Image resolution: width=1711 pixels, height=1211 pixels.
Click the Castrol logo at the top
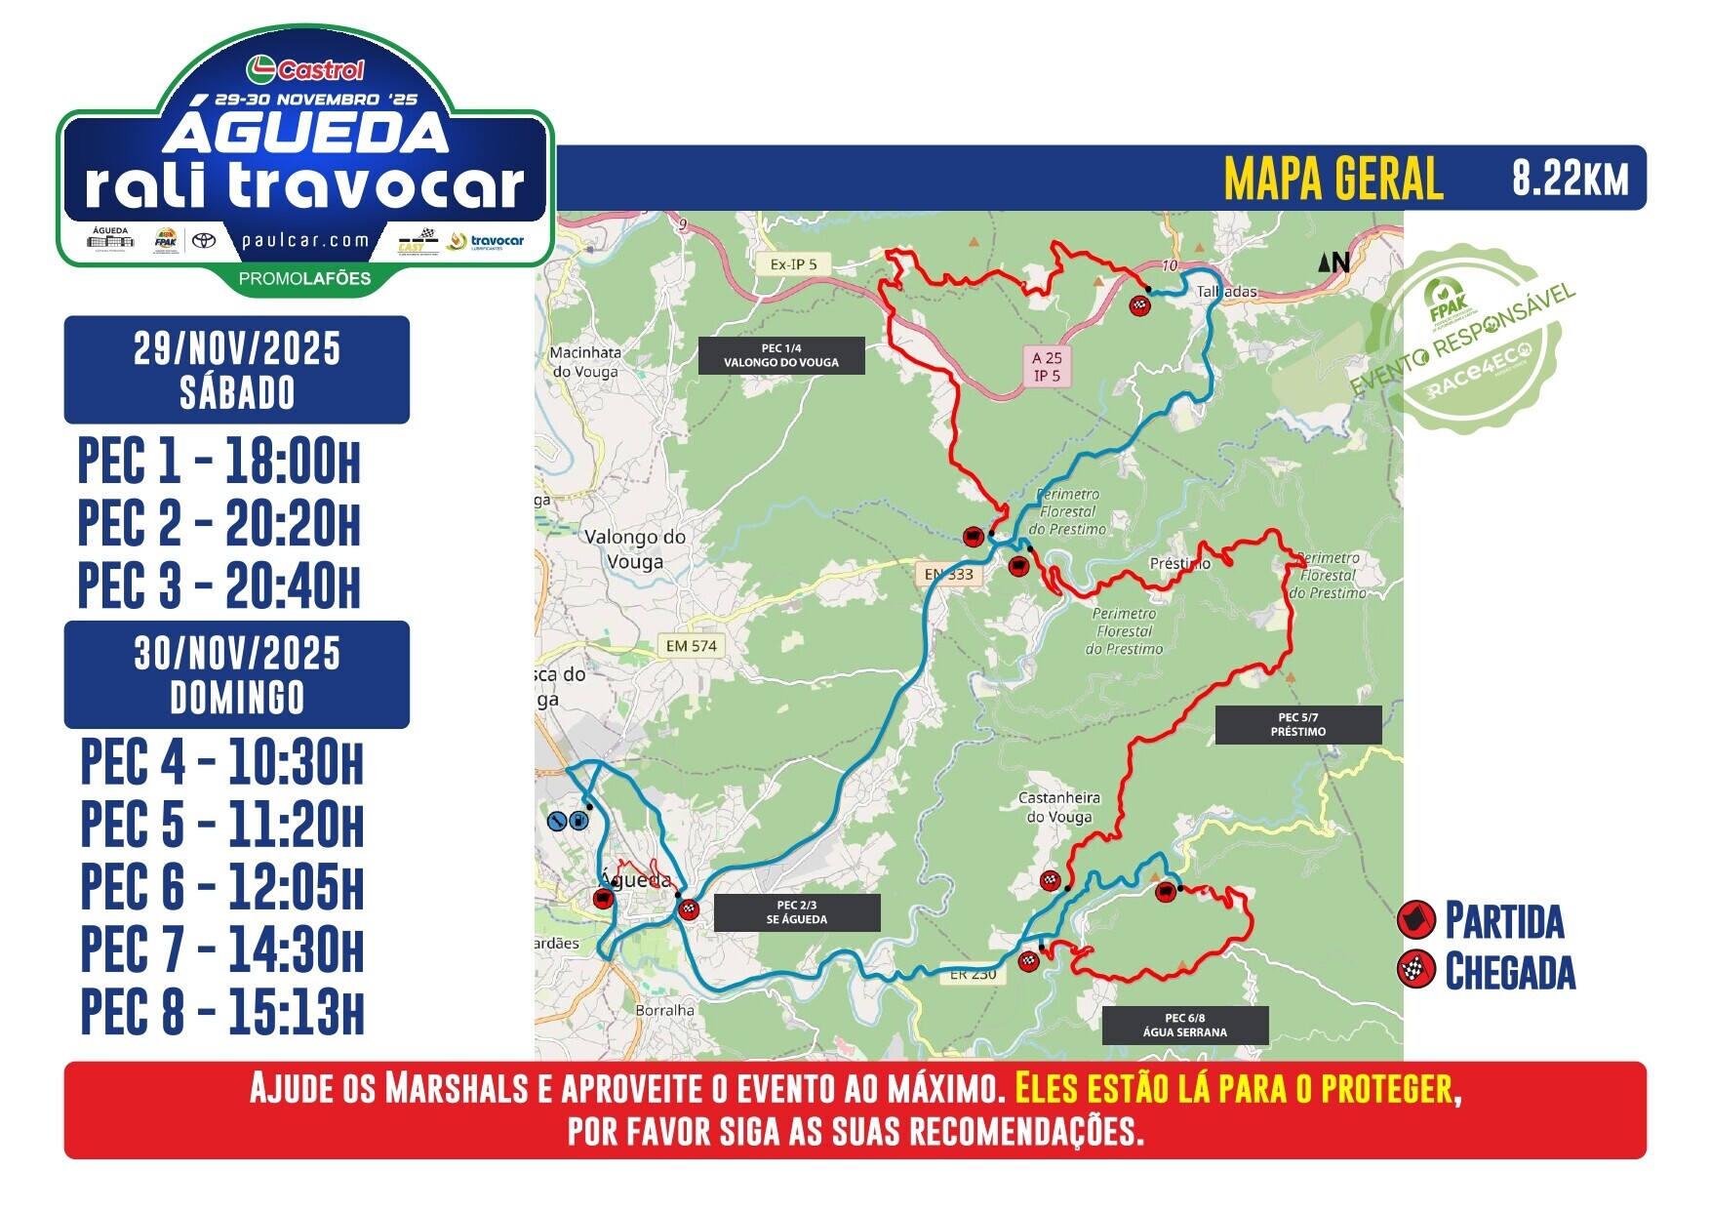(305, 69)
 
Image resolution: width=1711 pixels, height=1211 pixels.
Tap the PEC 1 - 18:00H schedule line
(219, 462)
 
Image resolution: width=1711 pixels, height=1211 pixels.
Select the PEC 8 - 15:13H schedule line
(222, 1012)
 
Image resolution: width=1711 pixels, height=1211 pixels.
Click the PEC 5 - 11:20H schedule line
(222, 825)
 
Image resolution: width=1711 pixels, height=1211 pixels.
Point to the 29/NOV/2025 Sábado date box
(237, 370)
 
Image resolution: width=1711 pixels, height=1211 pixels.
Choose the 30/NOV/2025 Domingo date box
(237, 675)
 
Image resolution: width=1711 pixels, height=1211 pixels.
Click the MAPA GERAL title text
(1333, 179)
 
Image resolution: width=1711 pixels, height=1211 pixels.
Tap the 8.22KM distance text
(1570, 179)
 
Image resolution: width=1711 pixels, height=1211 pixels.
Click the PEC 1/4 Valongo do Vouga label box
(781, 356)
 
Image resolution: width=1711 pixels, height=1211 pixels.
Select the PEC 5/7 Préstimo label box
(1298, 725)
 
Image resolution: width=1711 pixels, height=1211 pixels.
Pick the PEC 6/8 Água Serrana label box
(1185, 1026)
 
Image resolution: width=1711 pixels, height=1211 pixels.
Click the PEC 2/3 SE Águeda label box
(797, 912)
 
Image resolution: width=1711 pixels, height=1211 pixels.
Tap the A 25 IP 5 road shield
(1047, 367)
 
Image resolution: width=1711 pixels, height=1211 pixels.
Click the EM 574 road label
(691, 646)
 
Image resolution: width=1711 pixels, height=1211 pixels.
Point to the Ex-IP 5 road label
(793, 264)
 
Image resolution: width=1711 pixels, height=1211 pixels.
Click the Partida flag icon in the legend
(1415, 919)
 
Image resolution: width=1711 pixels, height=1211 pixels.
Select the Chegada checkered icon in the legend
(1415, 971)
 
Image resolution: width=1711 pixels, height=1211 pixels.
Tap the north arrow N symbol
(1333, 262)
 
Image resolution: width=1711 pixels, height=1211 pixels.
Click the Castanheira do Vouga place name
(1058, 807)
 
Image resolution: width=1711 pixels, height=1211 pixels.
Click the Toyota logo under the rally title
(203, 240)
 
